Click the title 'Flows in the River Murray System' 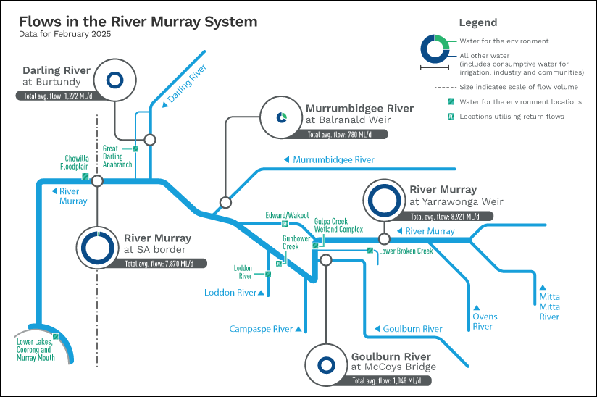click(x=138, y=22)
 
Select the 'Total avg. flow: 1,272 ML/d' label click(x=58, y=96)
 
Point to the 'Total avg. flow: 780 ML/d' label click(x=339, y=134)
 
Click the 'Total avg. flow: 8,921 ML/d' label click(x=445, y=217)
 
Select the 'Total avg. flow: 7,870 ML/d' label click(x=159, y=264)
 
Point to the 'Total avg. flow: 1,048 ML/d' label click(x=387, y=380)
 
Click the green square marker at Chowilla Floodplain click(x=85, y=177)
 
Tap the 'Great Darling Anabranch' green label click(x=117, y=156)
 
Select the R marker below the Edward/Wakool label click(x=285, y=224)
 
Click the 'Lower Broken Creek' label click(x=406, y=251)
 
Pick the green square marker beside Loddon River click(x=268, y=274)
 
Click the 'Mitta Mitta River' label click(x=549, y=306)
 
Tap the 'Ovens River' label click(x=485, y=321)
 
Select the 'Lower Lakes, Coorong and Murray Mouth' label click(x=36, y=350)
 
